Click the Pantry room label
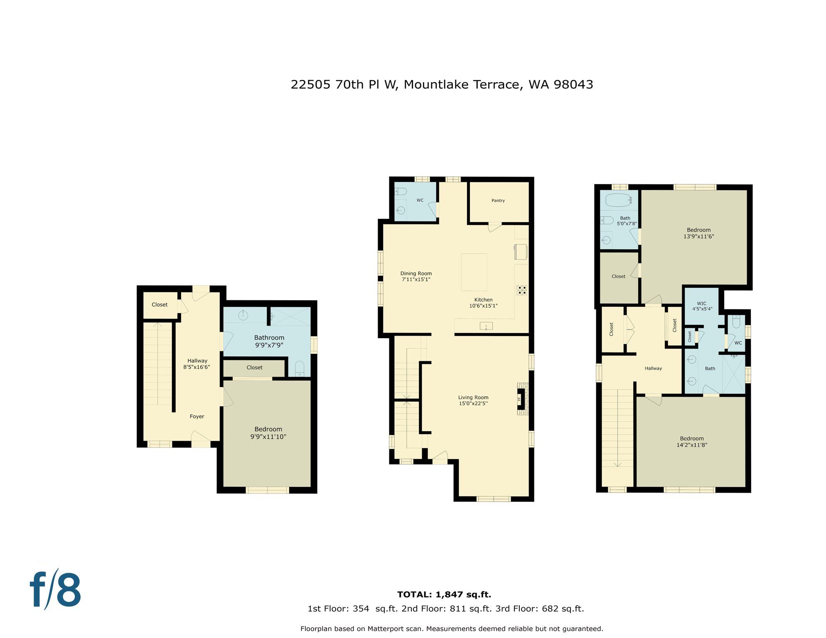coord(498,201)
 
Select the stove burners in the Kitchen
coord(521,290)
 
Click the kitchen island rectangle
coord(474,272)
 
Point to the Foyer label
coord(197,416)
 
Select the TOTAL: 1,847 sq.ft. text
coord(444,594)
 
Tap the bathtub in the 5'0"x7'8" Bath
coord(618,200)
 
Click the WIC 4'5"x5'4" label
coord(702,306)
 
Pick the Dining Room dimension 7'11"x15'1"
coord(416,280)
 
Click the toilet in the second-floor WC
coord(400,191)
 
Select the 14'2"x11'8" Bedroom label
coord(691,442)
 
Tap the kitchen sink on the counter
coord(486,326)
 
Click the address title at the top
coord(442,85)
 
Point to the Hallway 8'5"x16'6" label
coord(197,364)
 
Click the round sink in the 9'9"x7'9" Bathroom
coord(243,315)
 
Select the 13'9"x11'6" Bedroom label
coord(698,233)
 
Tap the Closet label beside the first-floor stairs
coord(160,304)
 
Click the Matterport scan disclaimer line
coord(452,629)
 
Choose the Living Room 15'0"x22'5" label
coord(473,400)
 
